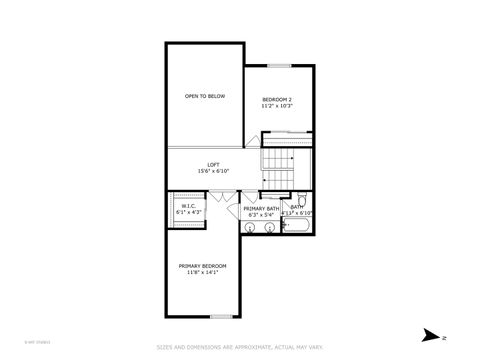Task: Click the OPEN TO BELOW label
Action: pyautogui.click(x=204, y=96)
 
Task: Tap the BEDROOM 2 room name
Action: pyautogui.click(x=277, y=99)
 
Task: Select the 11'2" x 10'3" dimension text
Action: pyautogui.click(x=277, y=106)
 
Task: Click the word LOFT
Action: pyautogui.click(x=213, y=164)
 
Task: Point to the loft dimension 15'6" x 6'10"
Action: pyautogui.click(x=213, y=171)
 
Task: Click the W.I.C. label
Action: pyautogui.click(x=188, y=206)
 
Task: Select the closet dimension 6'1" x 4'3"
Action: pyautogui.click(x=188, y=213)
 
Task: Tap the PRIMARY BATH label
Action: pyautogui.click(x=261, y=208)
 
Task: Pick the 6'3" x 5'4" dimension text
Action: pyautogui.click(x=261, y=215)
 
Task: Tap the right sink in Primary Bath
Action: pyautogui.click(x=270, y=228)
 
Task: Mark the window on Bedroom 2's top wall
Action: pyautogui.click(x=278, y=65)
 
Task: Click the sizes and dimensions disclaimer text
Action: pyautogui.click(x=239, y=347)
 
